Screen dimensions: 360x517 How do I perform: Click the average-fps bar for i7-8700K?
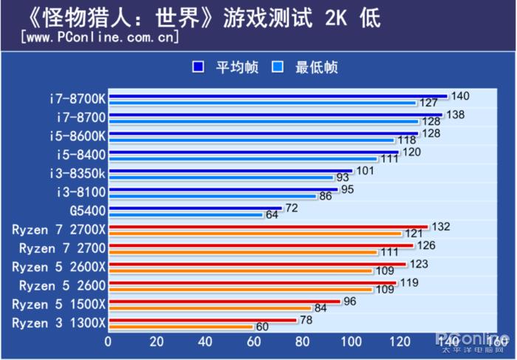[x=277, y=96]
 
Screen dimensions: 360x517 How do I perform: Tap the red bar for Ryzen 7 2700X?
[x=267, y=227]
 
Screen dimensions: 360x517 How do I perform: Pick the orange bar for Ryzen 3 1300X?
[x=180, y=327]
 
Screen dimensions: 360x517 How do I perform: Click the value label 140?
[x=460, y=96]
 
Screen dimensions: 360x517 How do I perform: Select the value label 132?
[x=441, y=226]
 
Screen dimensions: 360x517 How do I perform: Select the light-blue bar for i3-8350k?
[x=221, y=177]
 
